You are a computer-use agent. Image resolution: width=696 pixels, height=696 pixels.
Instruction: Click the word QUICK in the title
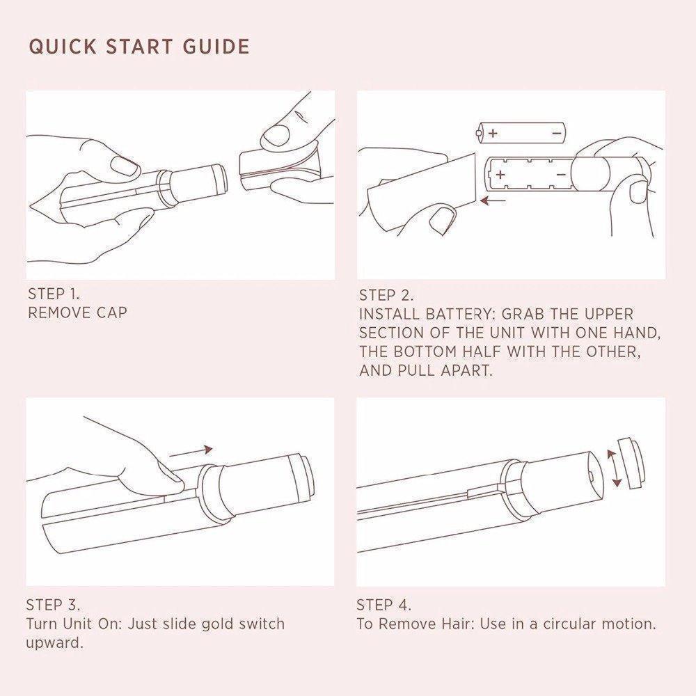coord(63,47)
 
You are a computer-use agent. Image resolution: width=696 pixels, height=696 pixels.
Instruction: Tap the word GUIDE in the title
coord(216,47)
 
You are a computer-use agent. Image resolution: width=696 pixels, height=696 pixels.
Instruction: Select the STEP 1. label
coord(54,294)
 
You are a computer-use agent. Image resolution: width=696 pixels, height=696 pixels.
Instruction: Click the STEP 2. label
coord(386,295)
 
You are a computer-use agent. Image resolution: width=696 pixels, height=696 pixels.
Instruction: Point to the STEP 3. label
coord(54,605)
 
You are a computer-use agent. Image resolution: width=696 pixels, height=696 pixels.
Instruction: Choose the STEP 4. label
coord(384,605)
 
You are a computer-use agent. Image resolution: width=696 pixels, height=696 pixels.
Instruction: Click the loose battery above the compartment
coord(520,132)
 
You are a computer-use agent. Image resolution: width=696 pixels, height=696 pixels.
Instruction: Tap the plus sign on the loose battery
coord(493,133)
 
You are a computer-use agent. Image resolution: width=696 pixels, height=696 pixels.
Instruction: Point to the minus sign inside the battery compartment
coord(560,175)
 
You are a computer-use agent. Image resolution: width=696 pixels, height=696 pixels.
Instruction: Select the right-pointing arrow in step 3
coord(191,452)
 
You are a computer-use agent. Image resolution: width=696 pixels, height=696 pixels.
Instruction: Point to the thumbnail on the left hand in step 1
coord(125,166)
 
